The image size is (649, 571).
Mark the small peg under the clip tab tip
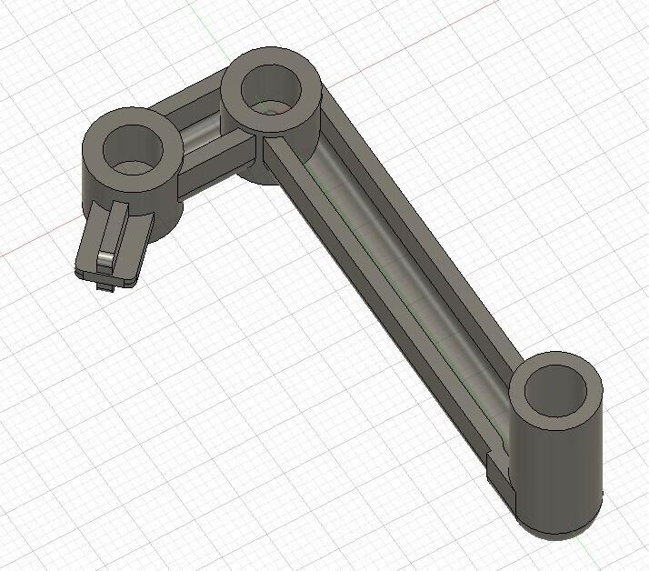coord(104,286)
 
